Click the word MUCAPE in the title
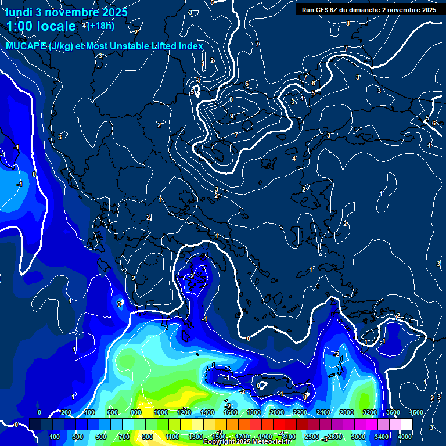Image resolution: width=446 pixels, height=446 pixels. [24, 46]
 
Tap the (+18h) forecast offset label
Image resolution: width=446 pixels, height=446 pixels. [100, 26]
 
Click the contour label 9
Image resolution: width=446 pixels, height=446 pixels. [232, 116]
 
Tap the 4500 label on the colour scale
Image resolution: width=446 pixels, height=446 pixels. [416, 412]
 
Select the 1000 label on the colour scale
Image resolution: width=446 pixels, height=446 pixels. [161, 412]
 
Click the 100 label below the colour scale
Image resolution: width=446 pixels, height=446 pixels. [55, 437]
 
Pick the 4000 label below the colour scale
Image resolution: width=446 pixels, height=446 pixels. [405, 437]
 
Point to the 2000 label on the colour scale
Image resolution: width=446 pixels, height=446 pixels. [277, 412]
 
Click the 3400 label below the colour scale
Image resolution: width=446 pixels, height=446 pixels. [382, 437]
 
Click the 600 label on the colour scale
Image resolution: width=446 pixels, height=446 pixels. [113, 412]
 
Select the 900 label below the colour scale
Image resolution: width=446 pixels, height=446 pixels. [148, 437]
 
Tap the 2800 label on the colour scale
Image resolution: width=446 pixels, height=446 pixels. [347, 412]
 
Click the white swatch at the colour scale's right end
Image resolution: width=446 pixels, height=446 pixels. [407, 425]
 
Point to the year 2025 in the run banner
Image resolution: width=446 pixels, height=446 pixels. [429, 10]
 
